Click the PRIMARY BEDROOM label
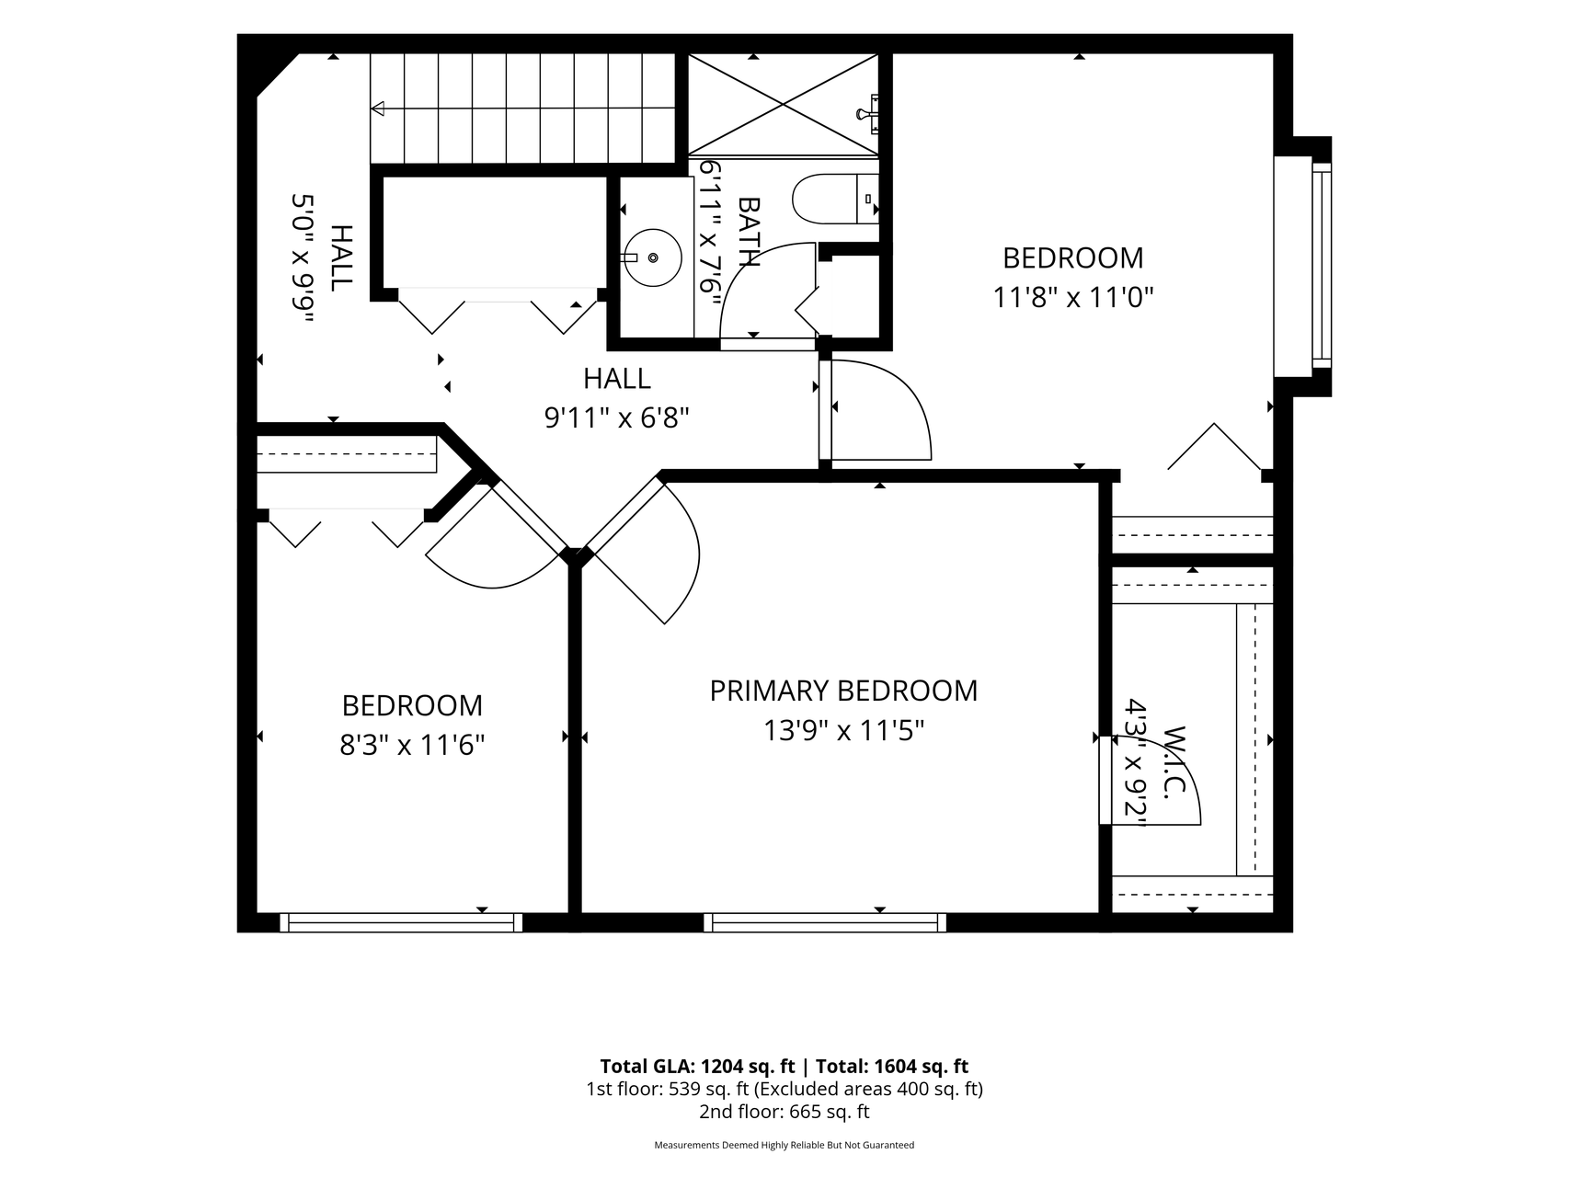(843, 691)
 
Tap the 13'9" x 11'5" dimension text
(843, 731)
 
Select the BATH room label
(749, 232)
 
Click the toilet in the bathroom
(835, 199)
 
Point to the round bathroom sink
(653, 258)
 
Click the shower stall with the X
(783, 104)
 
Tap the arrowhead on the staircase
(378, 109)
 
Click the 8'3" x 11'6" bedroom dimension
(412, 744)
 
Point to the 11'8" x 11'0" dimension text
(1073, 298)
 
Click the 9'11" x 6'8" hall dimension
(617, 418)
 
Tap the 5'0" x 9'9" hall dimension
(303, 258)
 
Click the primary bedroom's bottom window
(825, 922)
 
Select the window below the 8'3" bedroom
(401, 922)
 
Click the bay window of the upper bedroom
(1303, 266)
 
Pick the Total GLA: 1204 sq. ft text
(697, 1067)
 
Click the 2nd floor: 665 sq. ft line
(784, 1112)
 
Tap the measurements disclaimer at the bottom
(784, 1146)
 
